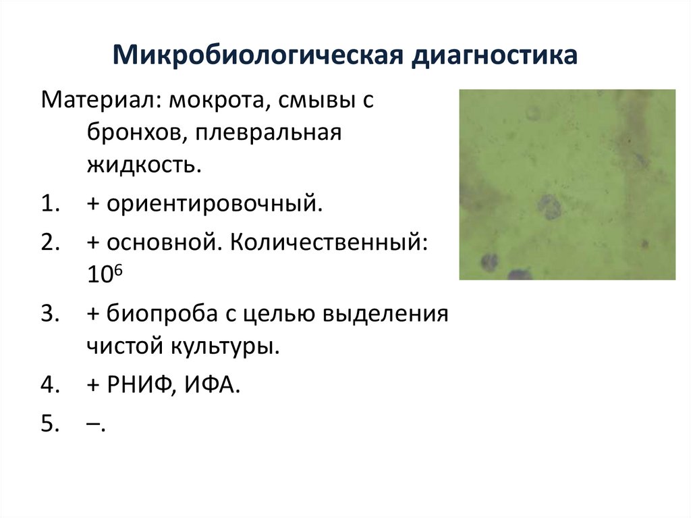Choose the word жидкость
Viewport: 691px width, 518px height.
click(x=144, y=165)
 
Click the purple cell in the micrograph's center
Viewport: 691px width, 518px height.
click(x=550, y=207)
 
